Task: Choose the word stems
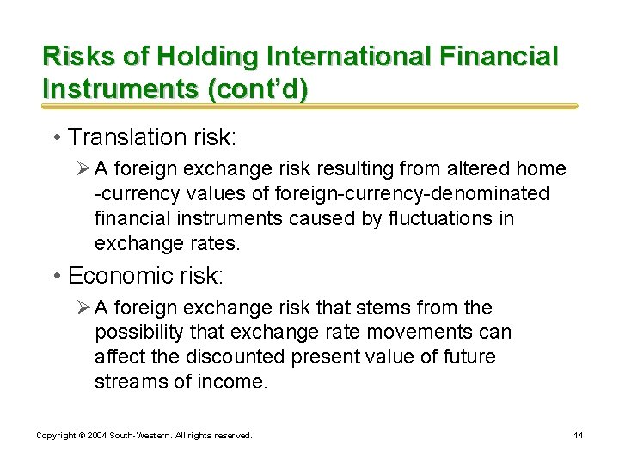coord(410,308)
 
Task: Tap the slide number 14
coord(579,436)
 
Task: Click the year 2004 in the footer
coord(97,436)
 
